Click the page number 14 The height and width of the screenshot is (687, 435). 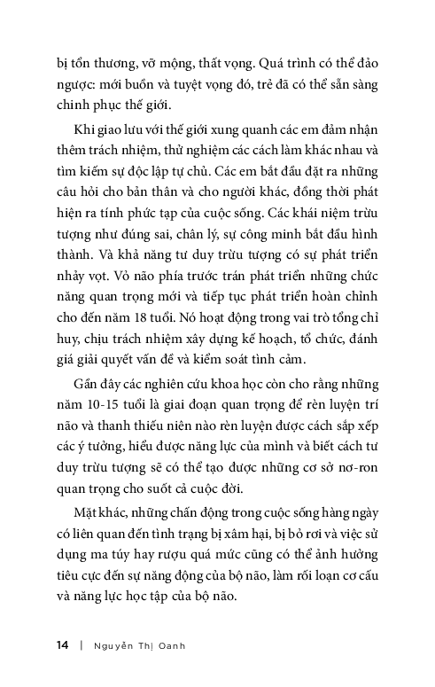coord(61,645)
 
